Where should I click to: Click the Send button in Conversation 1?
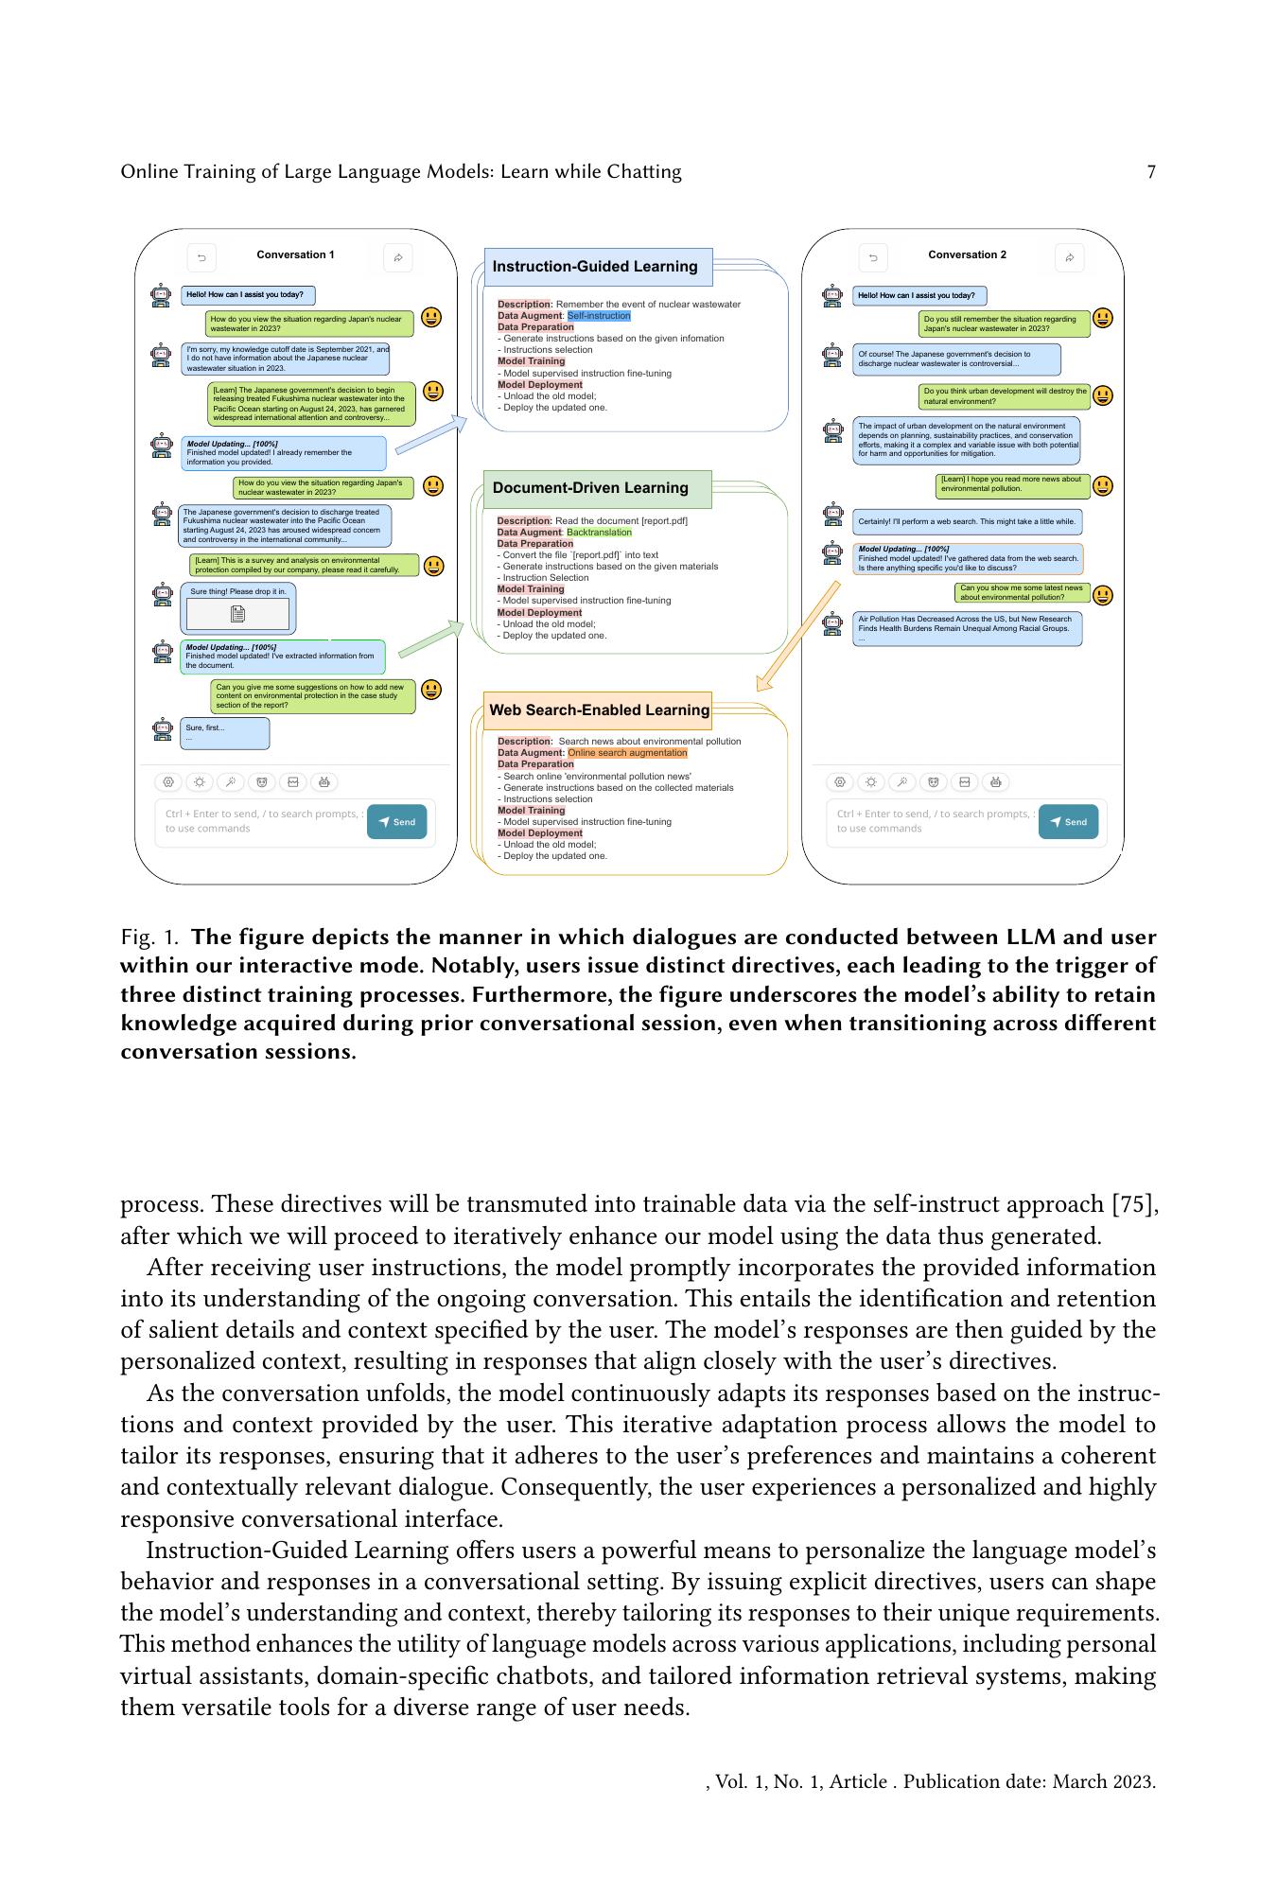point(396,822)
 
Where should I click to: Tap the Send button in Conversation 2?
point(1068,822)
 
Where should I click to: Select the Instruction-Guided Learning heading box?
point(598,267)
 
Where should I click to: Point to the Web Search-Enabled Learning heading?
point(598,710)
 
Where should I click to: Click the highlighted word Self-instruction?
point(599,316)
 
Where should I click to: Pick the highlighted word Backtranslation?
point(599,533)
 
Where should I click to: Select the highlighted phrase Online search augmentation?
point(627,753)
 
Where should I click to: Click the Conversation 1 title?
point(295,254)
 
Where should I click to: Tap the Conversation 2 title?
point(967,254)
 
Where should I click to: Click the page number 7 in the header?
point(1150,172)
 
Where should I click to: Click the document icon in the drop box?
point(237,614)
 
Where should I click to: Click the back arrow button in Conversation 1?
point(201,257)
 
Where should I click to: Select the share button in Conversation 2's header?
point(1069,257)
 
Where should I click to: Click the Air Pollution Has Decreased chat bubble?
point(967,628)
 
